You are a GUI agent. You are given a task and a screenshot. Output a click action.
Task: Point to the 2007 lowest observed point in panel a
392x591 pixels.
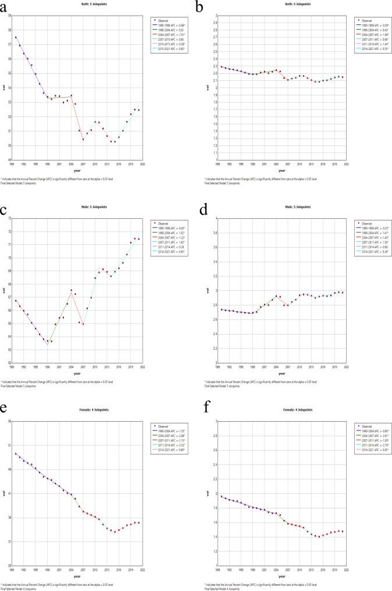[x=83, y=139]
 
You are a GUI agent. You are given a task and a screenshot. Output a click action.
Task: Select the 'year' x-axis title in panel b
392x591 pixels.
[x=281, y=169]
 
